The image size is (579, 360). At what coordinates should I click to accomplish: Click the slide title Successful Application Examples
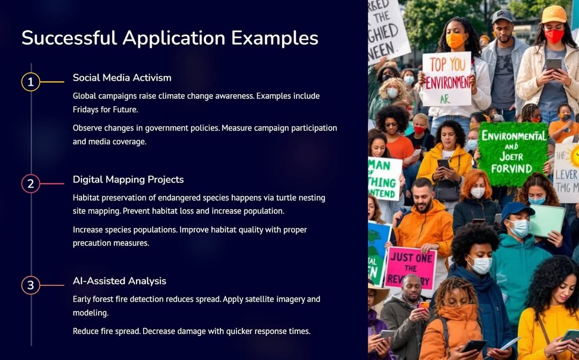point(170,38)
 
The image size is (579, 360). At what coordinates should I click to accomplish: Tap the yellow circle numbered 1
point(31,82)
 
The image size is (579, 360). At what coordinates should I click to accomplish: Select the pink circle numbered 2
point(31,184)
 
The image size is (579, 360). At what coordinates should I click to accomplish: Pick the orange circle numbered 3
point(31,285)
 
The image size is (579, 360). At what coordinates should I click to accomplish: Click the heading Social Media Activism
point(122,78)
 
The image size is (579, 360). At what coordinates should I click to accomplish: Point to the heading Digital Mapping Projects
point(128,180)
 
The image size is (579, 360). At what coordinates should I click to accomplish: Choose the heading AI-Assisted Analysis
point(120,281)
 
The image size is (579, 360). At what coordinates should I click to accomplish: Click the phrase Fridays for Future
point(106,109)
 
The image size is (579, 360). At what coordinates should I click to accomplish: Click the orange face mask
point(456,40)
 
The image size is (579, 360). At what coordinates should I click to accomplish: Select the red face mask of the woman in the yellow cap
point(554,35)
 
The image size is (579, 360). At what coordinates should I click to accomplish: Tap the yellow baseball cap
point(553,14)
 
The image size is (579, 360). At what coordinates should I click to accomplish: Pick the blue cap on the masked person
point(517,209)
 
